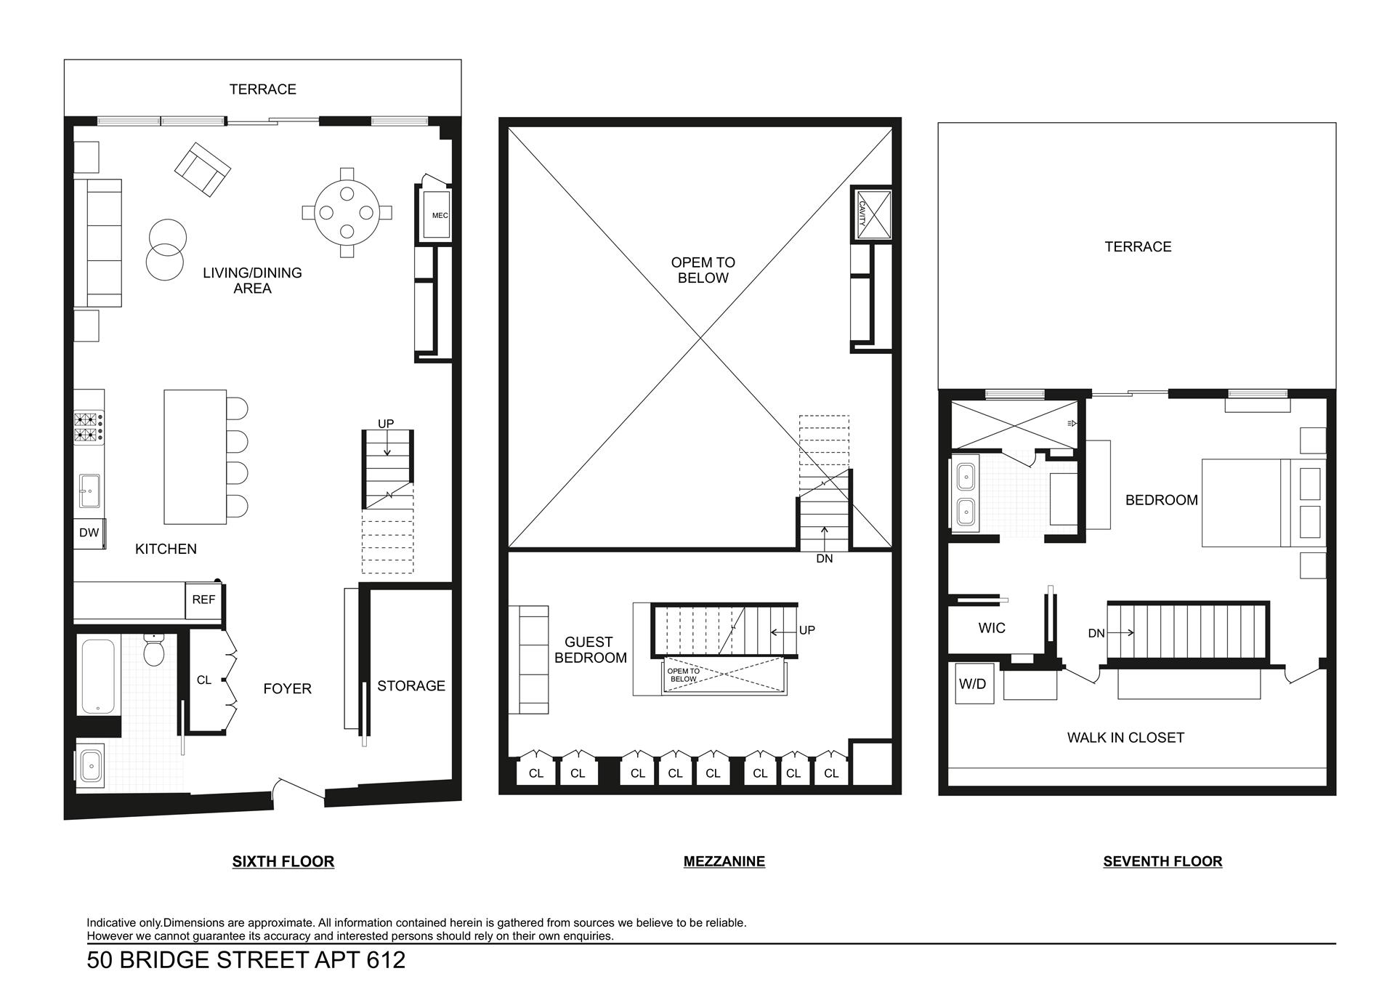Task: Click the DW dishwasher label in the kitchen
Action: point(89,533)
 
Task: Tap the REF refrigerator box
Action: point(203,600)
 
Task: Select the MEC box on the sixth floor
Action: point(437,215)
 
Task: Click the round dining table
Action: point(347,213)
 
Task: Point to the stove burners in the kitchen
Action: point(88,428)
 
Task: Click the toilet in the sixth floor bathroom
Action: point(155,649)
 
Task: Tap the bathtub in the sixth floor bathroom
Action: point(97,677)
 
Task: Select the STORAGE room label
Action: point(411,686)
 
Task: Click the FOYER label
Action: point(287,689)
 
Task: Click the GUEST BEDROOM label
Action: point(590,650)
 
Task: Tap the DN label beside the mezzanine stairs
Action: point(824,559)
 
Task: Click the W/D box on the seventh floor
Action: point(972,684)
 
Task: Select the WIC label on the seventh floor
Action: point(992,628)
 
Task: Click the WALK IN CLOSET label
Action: point(1125,738)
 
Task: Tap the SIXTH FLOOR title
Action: point(283,861)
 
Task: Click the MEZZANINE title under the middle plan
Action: point(724,861)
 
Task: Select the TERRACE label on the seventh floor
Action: point(1138,247)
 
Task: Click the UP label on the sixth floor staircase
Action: point(386,424)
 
